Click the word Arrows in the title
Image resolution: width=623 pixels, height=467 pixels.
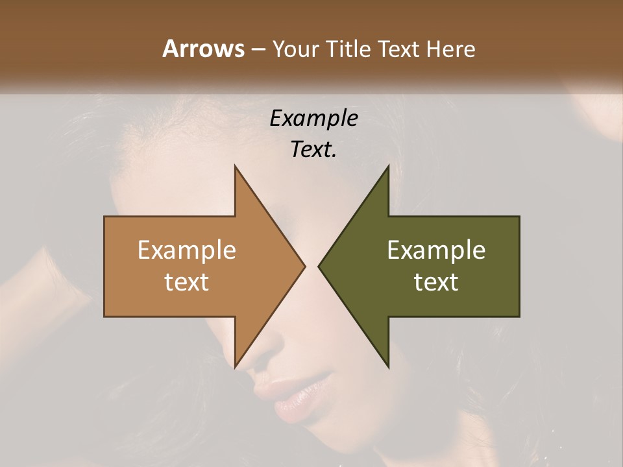(x=203, y=49)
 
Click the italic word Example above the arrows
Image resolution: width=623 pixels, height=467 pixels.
(x=313, y=119)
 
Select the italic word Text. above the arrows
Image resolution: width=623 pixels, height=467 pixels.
(x=313, y=150)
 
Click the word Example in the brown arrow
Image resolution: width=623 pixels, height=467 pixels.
(x=187, y=250)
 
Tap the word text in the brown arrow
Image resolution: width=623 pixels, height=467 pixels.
(x=187, y=281)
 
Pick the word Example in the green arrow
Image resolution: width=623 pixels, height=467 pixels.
(x=436, y=250)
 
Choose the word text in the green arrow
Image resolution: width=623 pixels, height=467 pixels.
(x=436, y=281)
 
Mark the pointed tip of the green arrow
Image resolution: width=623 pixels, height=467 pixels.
(x=319, y=266)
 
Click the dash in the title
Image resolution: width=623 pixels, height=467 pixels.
(x=258, y=49)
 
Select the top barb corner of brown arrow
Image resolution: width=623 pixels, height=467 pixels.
(x=235, y=167)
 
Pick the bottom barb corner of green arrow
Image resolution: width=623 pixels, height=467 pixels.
(x=388, y=366)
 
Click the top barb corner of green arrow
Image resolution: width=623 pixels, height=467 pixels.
(x=388, y=167)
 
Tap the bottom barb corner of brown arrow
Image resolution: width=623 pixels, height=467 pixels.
(x=235, y=366)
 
